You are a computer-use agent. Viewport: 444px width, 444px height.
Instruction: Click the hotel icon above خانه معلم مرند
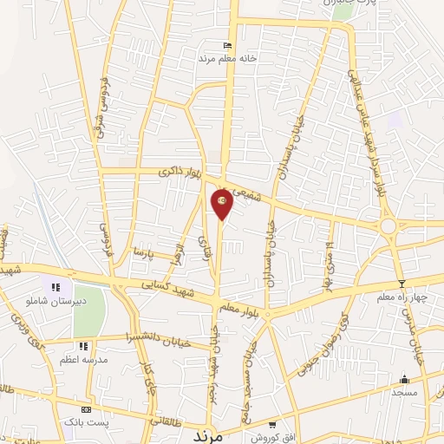coord(228,45)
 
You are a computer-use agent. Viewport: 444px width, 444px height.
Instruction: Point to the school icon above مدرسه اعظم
coord(83,347)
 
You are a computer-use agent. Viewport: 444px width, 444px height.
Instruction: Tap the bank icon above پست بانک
coord(86,409)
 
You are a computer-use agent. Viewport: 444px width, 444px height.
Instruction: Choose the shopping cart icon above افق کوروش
coord(272,424)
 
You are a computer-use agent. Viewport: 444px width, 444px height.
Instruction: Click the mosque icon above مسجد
coord(403,380)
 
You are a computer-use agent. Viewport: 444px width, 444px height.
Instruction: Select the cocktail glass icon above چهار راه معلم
coord(401,284)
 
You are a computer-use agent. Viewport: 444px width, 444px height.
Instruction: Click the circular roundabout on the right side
coord(388,225)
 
